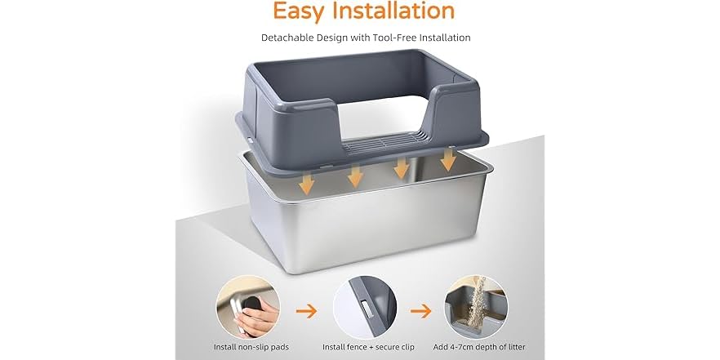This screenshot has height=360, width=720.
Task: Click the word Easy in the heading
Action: (300, 11)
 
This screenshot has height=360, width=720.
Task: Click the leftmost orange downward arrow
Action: (306, 184)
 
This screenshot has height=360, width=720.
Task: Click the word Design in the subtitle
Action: (340, 38)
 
